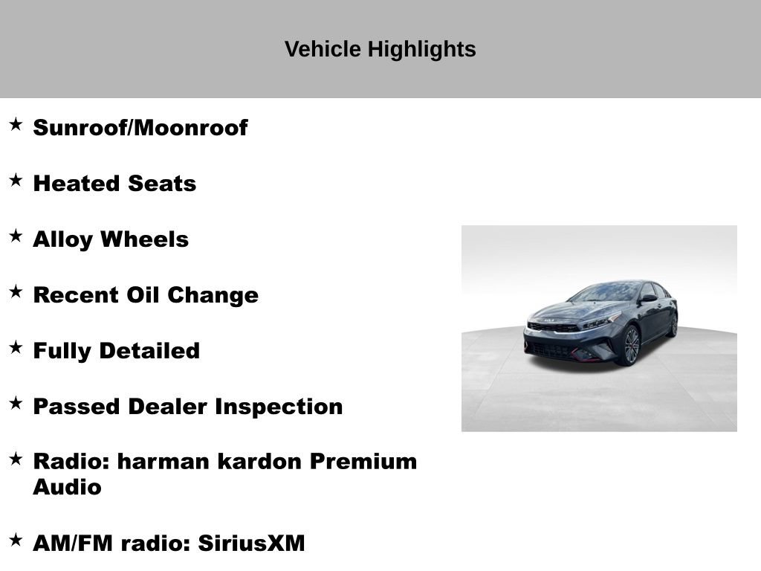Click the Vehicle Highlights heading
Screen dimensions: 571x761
[380, 50]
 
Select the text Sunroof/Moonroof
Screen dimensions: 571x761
[140, 128]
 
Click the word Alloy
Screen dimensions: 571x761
[63, 239]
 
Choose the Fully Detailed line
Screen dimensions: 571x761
[117, 351]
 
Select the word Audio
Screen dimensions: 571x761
[67, 488]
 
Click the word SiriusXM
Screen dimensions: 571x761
[251, 543]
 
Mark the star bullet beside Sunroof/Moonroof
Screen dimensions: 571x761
[16, 124]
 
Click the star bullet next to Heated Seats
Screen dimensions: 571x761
[16, 180]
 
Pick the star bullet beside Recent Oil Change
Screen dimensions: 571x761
[16, 291]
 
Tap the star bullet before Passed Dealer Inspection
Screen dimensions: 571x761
[16, 403]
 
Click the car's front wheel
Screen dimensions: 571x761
[630, 346]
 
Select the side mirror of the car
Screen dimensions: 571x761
[648, 298]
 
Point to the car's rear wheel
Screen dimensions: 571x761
[673, 325]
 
